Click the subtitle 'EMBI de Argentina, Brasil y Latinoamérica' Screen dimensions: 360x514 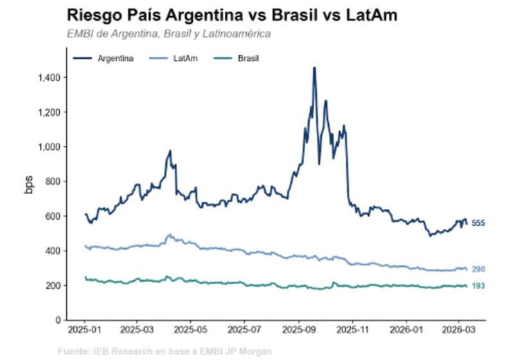tap(168, 33)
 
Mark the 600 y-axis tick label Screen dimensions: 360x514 tap(53, 217)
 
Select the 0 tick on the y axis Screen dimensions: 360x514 tap(58, 320)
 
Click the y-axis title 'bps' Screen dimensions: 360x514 tap(29, 183)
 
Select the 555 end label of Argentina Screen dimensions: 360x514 tap(479, 224)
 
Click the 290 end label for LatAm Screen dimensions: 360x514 tap(479, 269)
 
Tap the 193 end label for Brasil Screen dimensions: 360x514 tap(479, 286)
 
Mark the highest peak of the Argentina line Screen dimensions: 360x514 tap(314, 67)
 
